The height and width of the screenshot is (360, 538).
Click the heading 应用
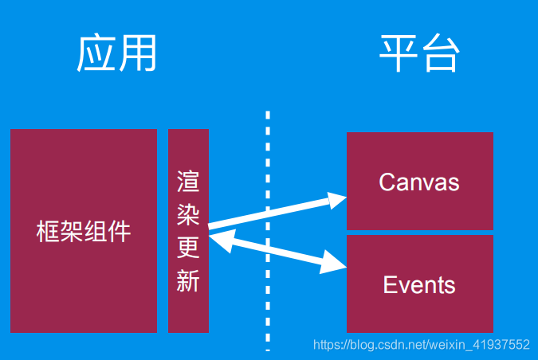tap(116, 55)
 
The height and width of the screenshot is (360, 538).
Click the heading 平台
tap(420, 55)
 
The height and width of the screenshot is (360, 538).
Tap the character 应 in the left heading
tap(96, 55)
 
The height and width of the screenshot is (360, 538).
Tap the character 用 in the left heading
tap(136, 55)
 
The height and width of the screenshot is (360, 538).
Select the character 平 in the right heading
tap(399, 55)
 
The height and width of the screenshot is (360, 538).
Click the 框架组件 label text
tap(84, 232)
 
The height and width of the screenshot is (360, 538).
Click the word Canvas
tap(419, 182)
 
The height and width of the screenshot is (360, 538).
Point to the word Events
tap(419, 284)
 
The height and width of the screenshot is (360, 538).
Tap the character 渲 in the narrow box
tap(188, 182)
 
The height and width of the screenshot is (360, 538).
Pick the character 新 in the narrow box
tap(188, 281)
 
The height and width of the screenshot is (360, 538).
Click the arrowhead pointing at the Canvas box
tap(337, 198)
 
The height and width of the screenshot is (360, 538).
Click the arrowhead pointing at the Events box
tap(336, 262)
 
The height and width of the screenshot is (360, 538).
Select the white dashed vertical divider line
tap(268, 231)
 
